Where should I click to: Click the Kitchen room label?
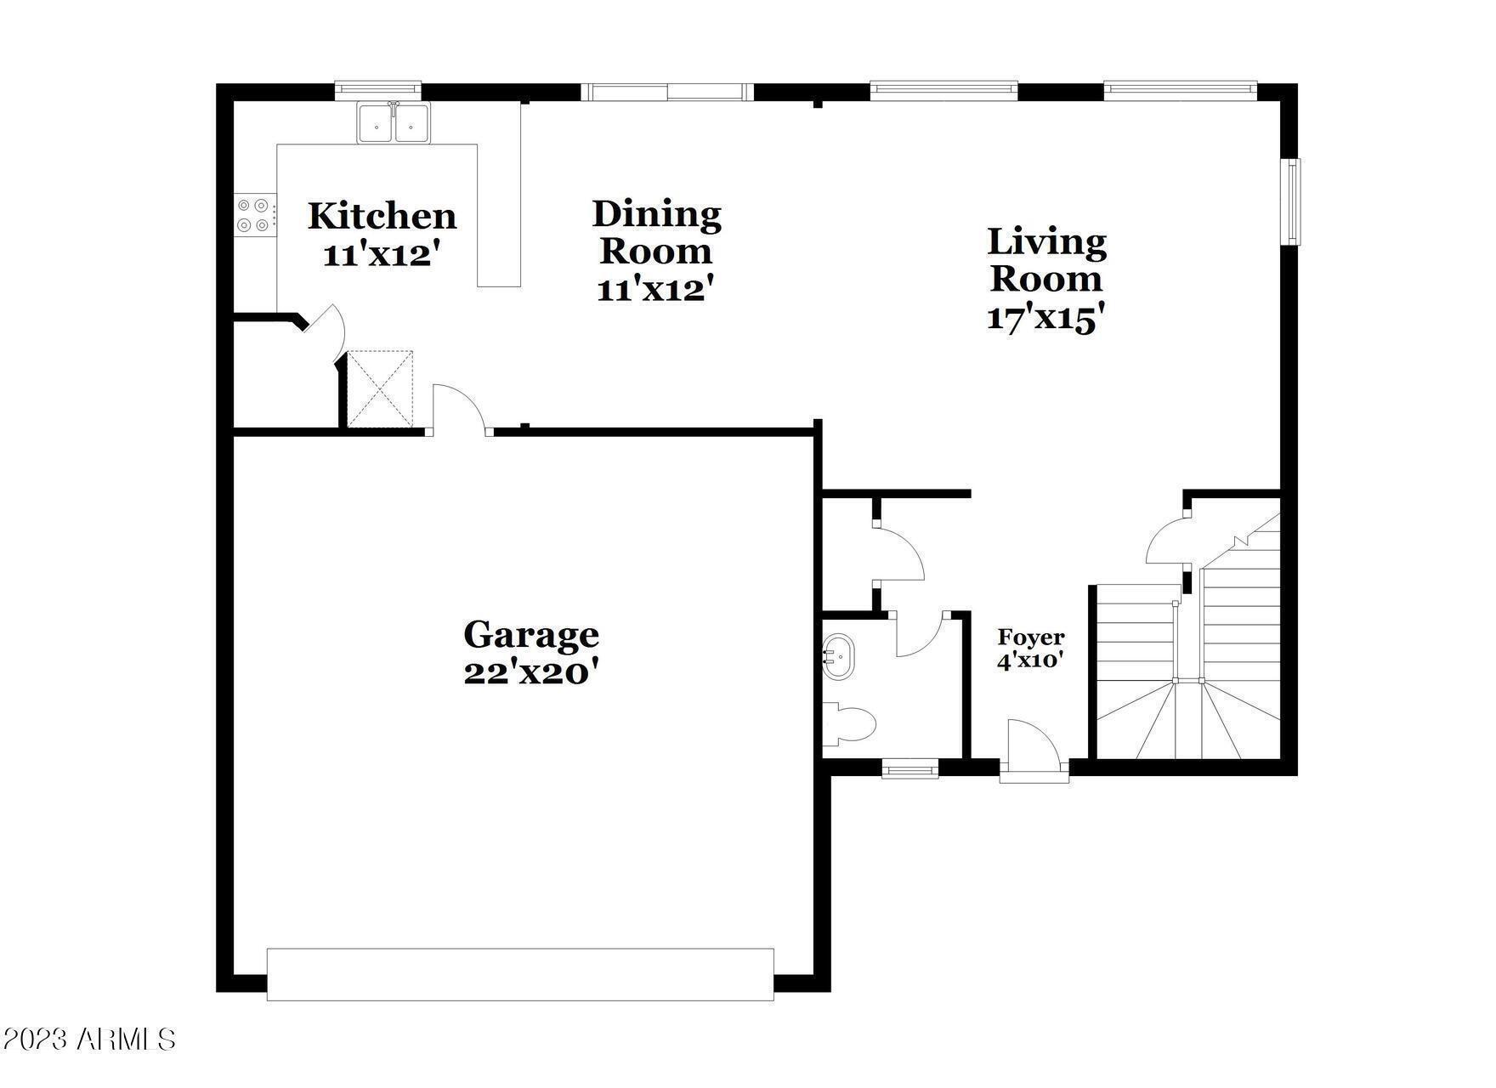pyautogui.click(x=382, y=216)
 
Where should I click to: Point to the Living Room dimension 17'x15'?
pyautogui.click(x=1045, y=317)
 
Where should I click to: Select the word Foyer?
pyautogui.click(x=1030, y=637)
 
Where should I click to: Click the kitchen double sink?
pyautogui.click(x=393, y=122)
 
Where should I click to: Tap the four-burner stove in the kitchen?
pyautogui.click(x=254, y=214)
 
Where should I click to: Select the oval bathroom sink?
pyautogui.click(x=838, y=657)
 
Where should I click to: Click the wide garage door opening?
pyautogui.click(x=520, y=974)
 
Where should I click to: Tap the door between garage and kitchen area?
pyautogui.click(x=460, y=411)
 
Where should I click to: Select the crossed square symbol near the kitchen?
pyautogui.click(x=381, y=388)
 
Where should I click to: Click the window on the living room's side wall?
pyautogui.click(x=1291, y=201)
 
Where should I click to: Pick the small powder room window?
pyautogui.click(x=910, y=770)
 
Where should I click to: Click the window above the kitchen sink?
pyautogui.click(x=378, y=88)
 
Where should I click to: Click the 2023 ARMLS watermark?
pyautogui.click(x=88, y=1039)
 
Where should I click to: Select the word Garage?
pyautogui.click(x=531, y=635)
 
